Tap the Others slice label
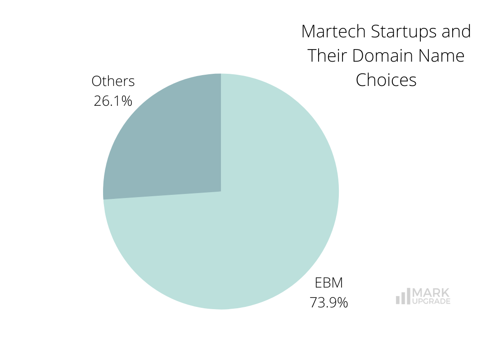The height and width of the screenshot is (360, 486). (x=113, y=81)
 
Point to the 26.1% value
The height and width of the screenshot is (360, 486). (x=113, y=101)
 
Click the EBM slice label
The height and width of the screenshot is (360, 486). (x=328, y=283)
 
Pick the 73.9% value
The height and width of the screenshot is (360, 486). (x=328, y=302)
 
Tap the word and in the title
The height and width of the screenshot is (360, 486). (x=456, y=32)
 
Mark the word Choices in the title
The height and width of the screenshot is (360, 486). (x=386, y=80)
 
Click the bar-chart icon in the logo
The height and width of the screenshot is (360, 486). (x=403, y=297)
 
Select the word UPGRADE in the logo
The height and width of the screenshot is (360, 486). (x=431, y=301)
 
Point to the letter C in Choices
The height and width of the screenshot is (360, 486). (x=361, y=80)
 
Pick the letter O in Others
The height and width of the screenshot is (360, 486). (x=96, y=81)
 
